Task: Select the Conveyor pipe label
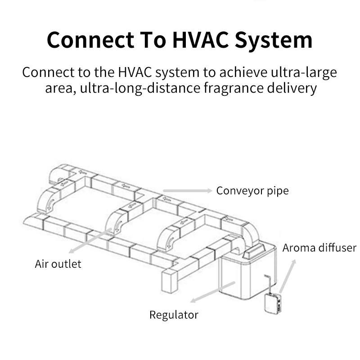(x=252, y=191)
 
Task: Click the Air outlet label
(x=58, y=264)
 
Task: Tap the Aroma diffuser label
(x=319, y=248)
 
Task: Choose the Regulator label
(x=174, y=315)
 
